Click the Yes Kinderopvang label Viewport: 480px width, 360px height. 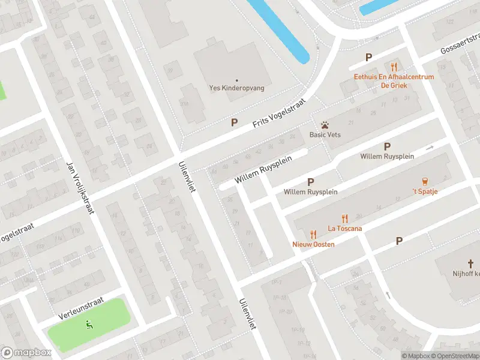pyautogui.click(x=236, y=88)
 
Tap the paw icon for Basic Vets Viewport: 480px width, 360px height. pyautogui.click(x=325, y=125)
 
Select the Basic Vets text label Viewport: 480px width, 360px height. pyautogui.click(x=325, y=134)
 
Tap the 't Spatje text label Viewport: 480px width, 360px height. pyautogui.click(x=425, y=191)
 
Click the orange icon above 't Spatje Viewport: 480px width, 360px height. pyautogui.click(x=425, y=181)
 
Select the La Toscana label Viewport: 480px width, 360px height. pyautogui.click(x=344, y=228)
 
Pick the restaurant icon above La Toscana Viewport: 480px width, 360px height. pyautogui.click(x=345, y=218)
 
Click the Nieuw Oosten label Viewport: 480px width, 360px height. pyautogui.click(x=313, y=244)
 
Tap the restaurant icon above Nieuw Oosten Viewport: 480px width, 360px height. pyautogui.click(x=313, y=235)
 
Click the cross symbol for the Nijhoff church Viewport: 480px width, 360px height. pyautogui.click(x=471, y=263)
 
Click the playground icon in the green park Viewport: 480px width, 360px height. pyautogui.click(x=89, y=325)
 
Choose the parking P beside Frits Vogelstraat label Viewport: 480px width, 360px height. pyautogui.click(x=235, y=122)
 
